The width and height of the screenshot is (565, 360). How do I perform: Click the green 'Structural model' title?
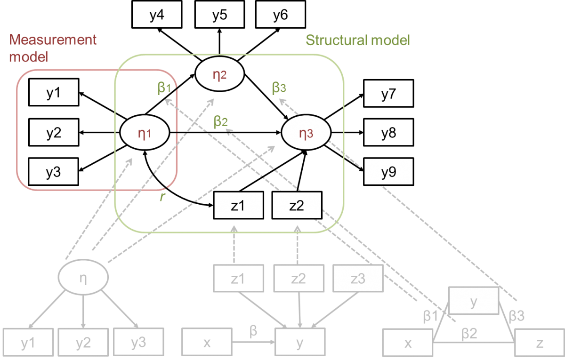tap(358, 40)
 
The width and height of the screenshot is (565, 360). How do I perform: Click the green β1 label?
tap(164, 88)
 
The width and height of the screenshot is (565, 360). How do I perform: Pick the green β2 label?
tap(221, 121)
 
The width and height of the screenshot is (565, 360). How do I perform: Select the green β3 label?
tap(279, 88)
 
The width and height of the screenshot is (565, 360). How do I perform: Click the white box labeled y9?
tap(388, 172)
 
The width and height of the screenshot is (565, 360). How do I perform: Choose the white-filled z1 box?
tap(238, 206)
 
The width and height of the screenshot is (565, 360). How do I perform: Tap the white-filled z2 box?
tap(297, 206)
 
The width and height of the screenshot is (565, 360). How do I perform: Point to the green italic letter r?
tap(162, 197)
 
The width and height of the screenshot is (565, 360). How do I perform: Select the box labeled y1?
tap(28, 343)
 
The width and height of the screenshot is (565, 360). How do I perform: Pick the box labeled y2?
tap(83, 343)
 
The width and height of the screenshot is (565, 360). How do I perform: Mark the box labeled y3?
tap(138, 343)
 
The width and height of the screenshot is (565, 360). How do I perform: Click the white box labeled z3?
tap(358, 279)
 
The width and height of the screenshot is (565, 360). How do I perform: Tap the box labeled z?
tap(540, 343)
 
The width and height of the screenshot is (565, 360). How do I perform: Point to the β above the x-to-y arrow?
tap(253, 332)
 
